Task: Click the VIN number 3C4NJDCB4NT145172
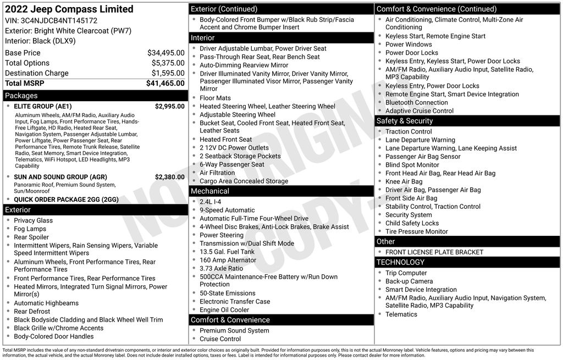[x=59, y=21]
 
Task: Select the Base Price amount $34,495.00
[x=165, y=53]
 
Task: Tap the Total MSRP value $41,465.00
[x=165, y=84]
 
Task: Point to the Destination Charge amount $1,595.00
[x=168, y=73]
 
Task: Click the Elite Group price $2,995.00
[x=169, y=107]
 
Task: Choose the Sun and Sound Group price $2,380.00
[x=169, y=177]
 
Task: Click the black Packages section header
[x=22, y=96]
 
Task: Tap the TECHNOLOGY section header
[x=401, y=262]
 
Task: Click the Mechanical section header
[x=210, y=191]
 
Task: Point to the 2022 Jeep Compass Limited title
[x=69, y=9]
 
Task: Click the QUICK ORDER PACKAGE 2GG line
[x=66, y=200]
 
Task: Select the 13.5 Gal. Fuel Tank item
[x=227, y=252]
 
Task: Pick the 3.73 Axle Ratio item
[x=221, y=268]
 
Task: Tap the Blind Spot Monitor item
[x=412, y=165]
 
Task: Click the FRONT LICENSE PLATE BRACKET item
[x=434, y=252]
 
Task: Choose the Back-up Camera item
[x=409, y=281]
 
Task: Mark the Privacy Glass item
[x=34, y=220]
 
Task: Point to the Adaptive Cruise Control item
[x=420, y=110]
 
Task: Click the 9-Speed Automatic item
[x=227, y=210]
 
